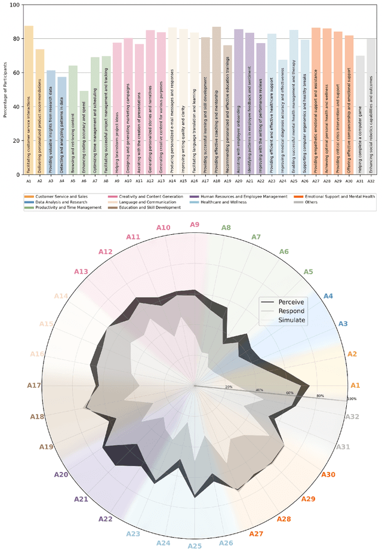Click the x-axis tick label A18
(x=216, y=180)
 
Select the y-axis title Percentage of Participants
(x=5, y=90)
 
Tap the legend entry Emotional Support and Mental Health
(x=339, y=196)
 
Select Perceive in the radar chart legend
(x=291, y=302)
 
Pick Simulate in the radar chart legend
(x=292, y=320)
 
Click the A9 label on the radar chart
(x=195, y=224)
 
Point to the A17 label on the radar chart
(x=34, y=385)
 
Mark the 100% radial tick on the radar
(x=352, y=399)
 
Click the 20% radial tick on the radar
(x=228, y=388)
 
